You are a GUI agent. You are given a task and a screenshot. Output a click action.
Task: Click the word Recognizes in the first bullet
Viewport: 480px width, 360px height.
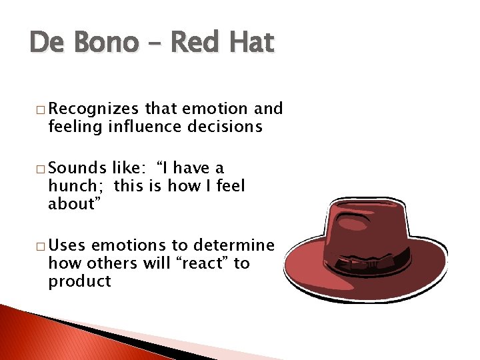click(x=94, y=109)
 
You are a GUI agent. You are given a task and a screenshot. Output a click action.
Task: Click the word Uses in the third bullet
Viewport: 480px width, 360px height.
click(x=67, y=246)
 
